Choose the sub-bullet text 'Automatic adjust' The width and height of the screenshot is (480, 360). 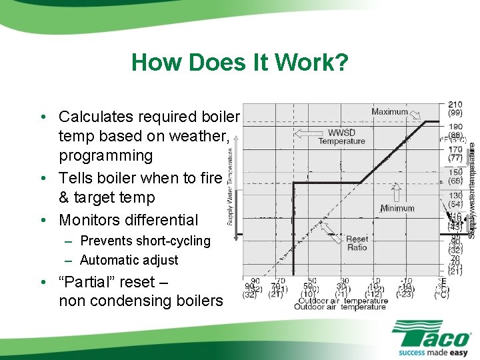129,260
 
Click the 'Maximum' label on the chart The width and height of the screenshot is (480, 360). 389,112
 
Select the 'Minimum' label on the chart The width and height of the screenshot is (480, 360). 397,208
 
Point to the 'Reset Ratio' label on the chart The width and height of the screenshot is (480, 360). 357,243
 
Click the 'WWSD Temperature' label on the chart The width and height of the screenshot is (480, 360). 341,136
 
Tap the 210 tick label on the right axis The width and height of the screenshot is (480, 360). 455,105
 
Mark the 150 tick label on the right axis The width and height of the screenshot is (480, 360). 455,172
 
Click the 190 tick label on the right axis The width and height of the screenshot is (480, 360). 455,127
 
